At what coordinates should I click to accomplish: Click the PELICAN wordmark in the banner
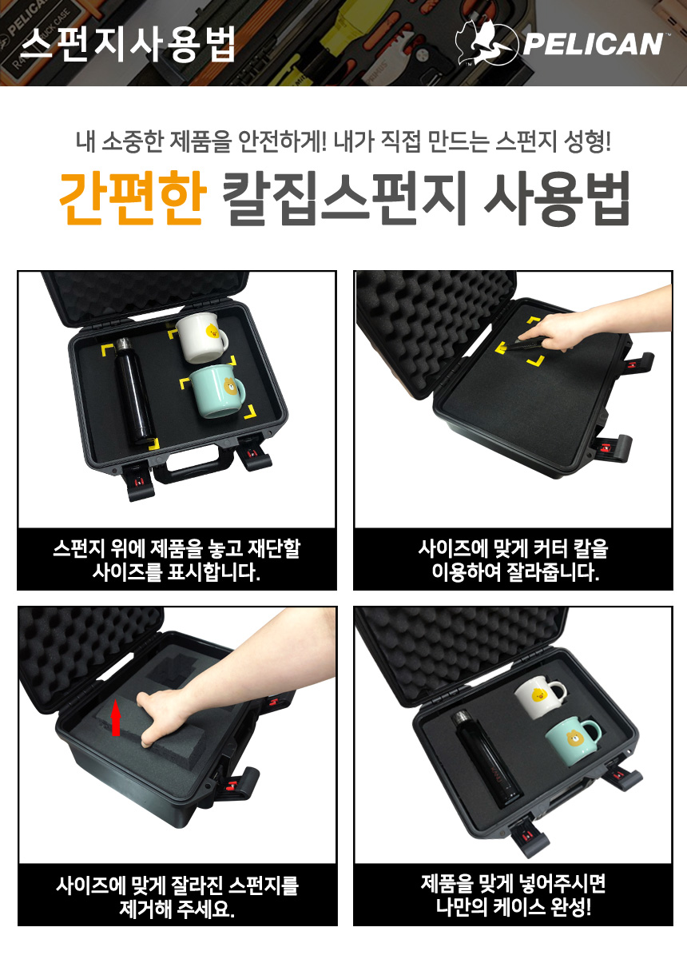coord(594,44)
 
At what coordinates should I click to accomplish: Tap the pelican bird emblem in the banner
coord(486,42)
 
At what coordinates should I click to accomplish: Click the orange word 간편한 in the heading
coord(133,198)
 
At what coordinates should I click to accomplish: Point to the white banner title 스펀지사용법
coord(127,45)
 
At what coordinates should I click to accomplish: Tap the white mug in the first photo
coord(201,338)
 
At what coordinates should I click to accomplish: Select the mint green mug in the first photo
coord(217,391)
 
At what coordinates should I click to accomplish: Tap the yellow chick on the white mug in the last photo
coord(538,696)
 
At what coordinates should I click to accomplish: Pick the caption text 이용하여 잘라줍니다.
coord(515,571)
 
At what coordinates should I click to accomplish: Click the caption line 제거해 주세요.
coord(177,908)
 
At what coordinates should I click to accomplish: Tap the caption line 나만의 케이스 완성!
coord(513,906)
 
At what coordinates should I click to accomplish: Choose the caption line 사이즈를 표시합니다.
coord(177,571)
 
